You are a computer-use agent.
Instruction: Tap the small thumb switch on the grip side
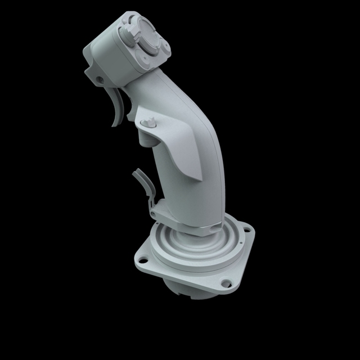tap(149, 122)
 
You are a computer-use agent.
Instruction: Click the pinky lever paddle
tap(141, 178)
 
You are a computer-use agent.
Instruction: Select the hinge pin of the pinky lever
tap(152, 213)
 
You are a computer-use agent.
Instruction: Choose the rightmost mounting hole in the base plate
tap(246, 228)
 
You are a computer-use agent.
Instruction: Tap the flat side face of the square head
tap(110, 56)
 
